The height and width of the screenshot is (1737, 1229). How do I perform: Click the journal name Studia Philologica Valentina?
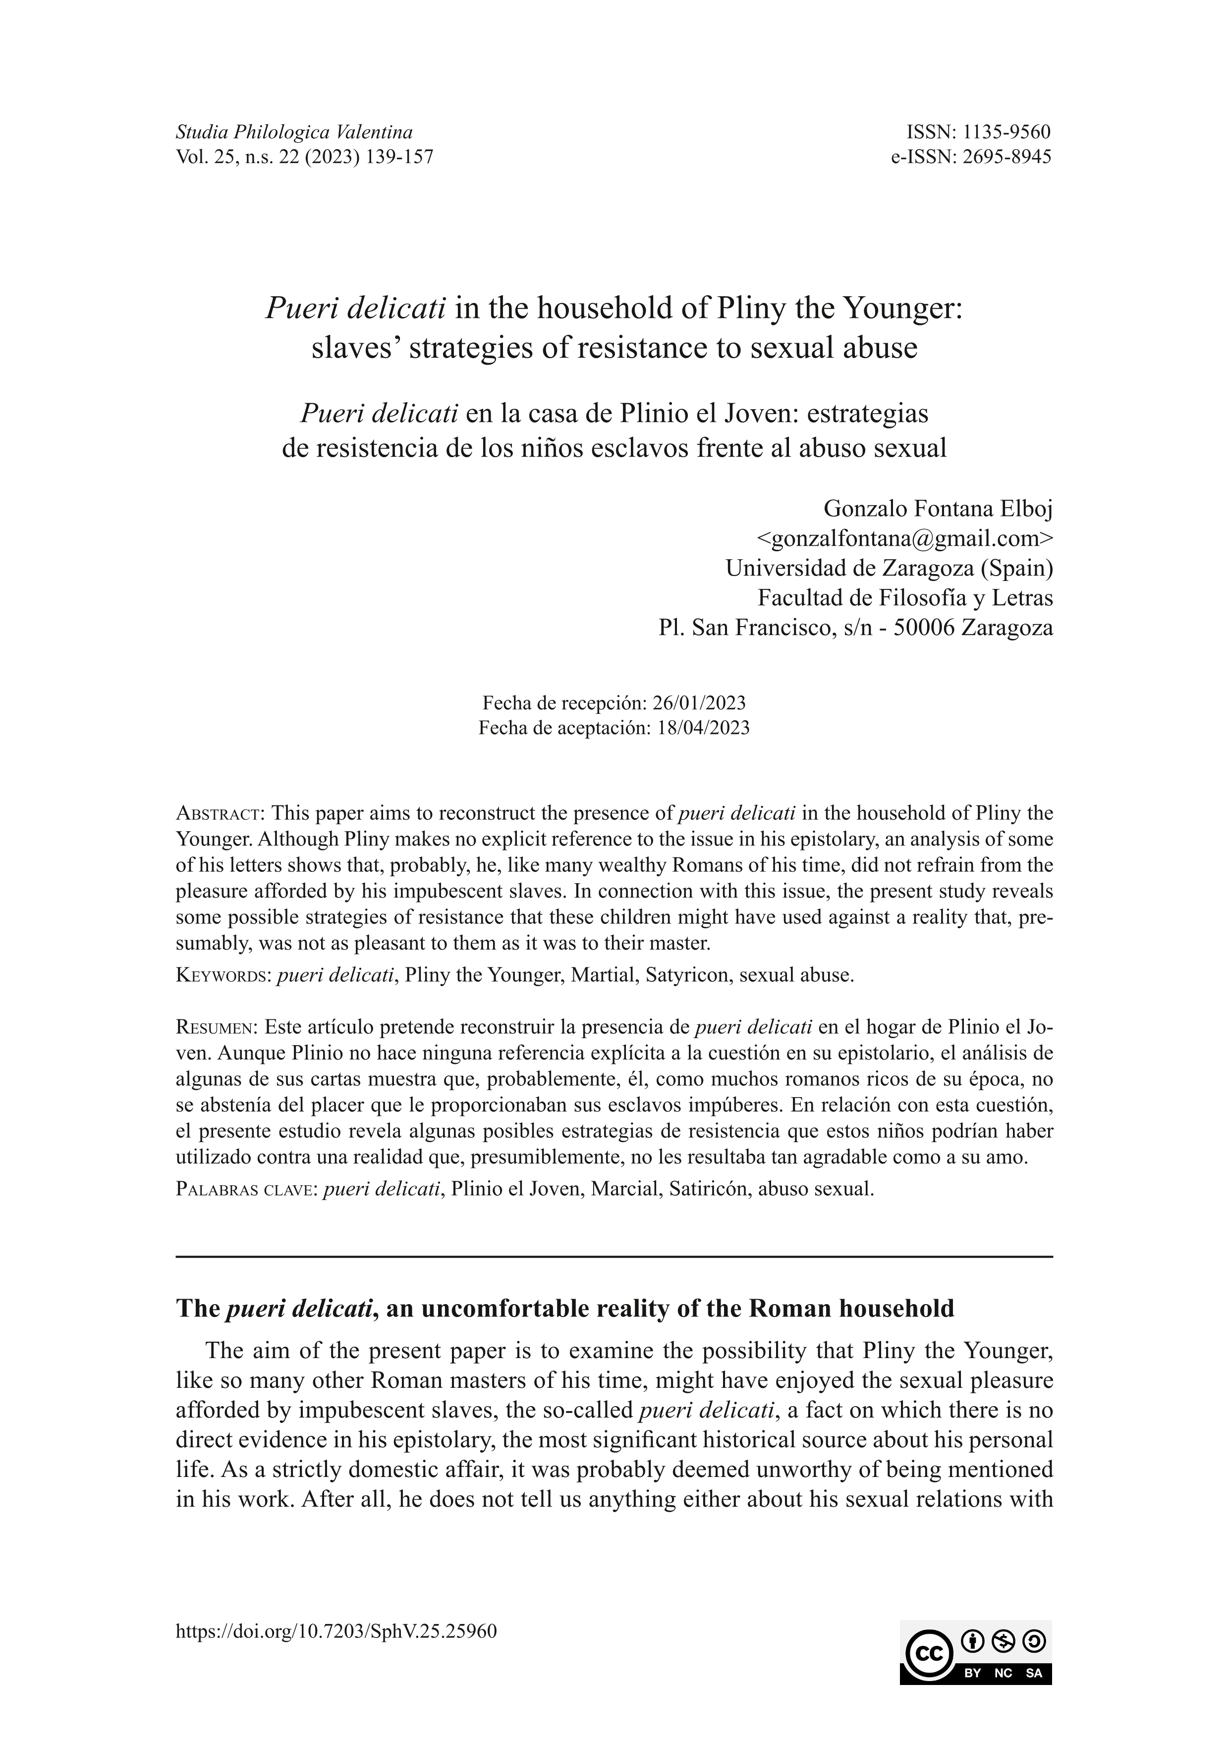point(294,132)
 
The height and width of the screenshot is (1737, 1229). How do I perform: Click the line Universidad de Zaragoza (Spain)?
point(889,568)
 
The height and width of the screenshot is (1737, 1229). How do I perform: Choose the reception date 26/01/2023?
point(699,703)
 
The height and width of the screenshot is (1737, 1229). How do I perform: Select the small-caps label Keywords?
point(223,975)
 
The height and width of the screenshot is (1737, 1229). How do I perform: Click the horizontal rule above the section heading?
point(614,1257)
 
